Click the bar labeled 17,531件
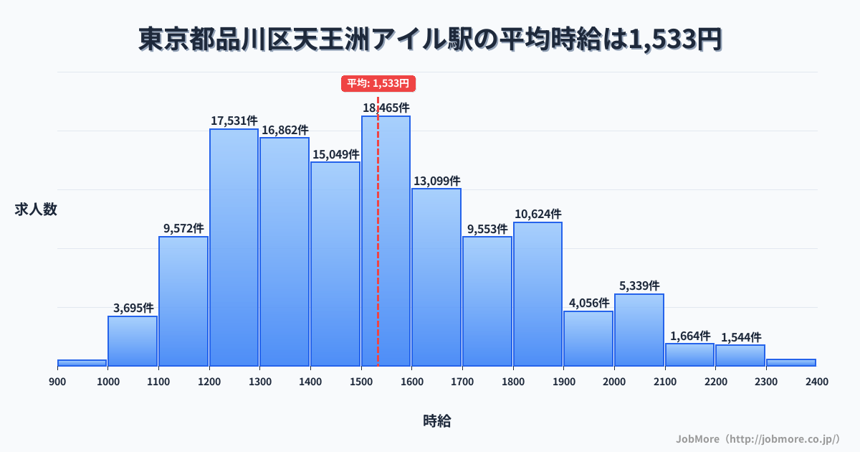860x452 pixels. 234,248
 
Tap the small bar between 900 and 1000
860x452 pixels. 82,363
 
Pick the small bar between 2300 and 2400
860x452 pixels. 791,362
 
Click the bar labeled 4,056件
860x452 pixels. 588,339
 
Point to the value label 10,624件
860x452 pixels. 537,214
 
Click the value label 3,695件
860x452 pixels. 133,308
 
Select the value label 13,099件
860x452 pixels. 436,181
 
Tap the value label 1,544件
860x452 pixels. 741,337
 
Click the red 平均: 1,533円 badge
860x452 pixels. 378,83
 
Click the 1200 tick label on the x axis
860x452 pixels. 209,382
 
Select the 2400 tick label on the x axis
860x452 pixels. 816,382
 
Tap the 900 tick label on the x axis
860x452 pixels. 57,382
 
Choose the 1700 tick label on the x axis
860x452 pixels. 462,382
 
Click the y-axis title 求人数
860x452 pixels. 36,209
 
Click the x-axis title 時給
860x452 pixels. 436,421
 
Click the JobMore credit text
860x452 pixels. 758,438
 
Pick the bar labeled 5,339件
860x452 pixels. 639,330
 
